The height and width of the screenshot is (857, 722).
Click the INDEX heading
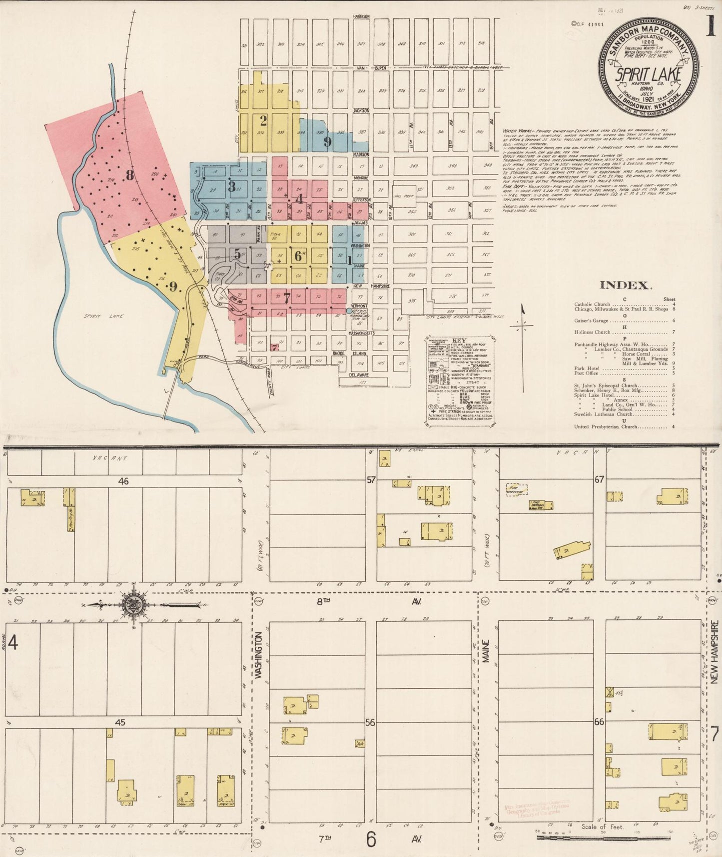625,285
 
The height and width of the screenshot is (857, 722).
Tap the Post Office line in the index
586,373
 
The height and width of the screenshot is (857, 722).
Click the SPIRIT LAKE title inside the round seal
648,74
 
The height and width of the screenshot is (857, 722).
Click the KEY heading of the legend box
458,340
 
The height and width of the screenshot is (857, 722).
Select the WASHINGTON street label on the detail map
258,655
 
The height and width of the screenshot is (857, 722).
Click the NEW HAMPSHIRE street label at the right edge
714,652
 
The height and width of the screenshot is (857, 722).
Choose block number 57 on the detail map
371,480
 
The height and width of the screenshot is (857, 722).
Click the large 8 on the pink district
130,175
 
